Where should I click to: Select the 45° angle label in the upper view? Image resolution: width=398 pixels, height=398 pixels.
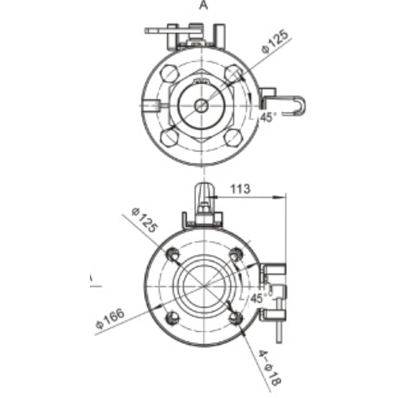[x=268, y=115]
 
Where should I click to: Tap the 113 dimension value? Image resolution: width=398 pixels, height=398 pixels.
[x=241, y=189]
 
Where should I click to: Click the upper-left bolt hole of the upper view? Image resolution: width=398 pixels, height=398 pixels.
[x=170, y=73]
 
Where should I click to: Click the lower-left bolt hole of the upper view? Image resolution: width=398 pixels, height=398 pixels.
[x=170, y=136]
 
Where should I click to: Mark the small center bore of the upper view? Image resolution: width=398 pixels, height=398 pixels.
[x=201, y=105]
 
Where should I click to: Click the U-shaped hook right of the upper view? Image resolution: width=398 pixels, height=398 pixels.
[x=296, y=106]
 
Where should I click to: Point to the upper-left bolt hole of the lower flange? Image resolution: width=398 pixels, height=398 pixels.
[x=173, y=254]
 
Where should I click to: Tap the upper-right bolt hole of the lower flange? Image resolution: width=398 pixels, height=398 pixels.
[x=235, y=254]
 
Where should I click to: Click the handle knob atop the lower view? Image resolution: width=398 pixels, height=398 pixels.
[x=204, y=193]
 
